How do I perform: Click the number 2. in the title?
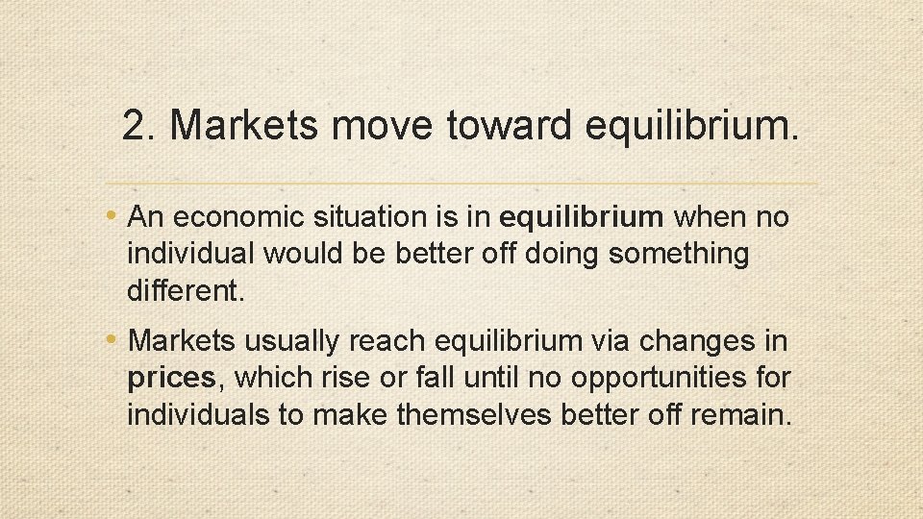[139, 126]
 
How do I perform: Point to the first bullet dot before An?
[115, 215]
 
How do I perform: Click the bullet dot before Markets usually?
[115, 339]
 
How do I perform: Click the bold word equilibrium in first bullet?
[582, 217]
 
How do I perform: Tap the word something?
[679, 255]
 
